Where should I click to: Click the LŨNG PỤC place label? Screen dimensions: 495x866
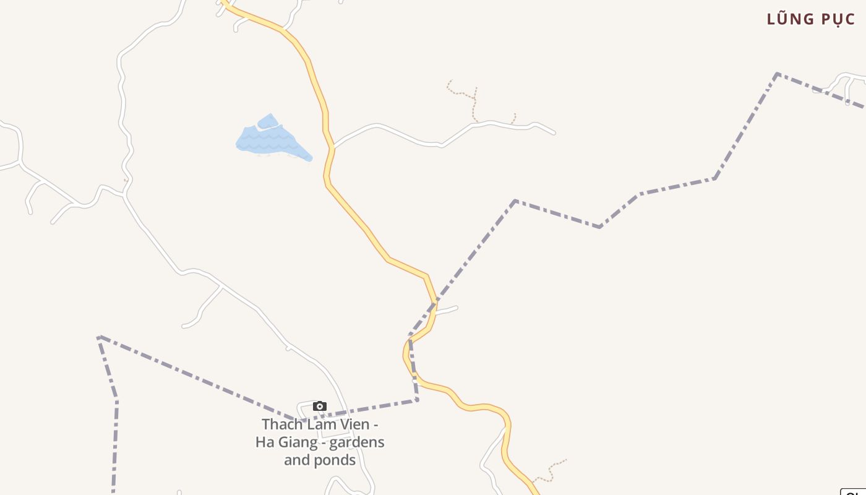(810, 19)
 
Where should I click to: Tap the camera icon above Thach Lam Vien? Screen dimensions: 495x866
(319, 406)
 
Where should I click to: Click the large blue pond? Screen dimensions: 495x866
(272, 141)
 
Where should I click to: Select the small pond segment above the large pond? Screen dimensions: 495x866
(267, 121)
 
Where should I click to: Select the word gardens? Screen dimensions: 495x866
(357, 442)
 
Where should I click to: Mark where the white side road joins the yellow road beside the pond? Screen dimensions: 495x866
(333, 147)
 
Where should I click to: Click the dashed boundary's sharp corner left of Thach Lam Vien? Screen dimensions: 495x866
(99, 337)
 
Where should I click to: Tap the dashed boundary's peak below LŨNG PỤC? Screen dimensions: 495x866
(777, 74)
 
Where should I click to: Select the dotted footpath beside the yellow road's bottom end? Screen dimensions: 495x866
(551, 470)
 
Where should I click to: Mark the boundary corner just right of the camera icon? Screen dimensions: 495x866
(417, 400)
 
